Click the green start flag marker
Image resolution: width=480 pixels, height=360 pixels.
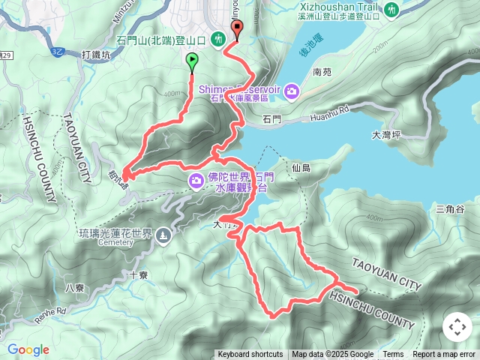click(192, 61)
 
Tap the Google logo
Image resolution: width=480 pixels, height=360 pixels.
click(28, 349)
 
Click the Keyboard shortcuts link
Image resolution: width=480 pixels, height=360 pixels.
click(250, 355)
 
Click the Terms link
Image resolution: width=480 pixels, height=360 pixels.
click(393, 355)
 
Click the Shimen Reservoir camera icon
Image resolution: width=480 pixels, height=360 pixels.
click(291, 91)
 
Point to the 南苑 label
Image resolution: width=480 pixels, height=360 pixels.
click(322, 73)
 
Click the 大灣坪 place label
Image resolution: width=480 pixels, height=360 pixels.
click(388, 136)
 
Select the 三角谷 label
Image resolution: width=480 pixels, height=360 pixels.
click(450, 208)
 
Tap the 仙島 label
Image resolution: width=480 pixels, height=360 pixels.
click(302, 169)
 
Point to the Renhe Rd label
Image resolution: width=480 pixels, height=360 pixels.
click(50, 310)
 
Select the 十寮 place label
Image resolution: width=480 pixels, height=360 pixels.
click(138, 275)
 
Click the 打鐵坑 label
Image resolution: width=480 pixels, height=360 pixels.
click(95, 54)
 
